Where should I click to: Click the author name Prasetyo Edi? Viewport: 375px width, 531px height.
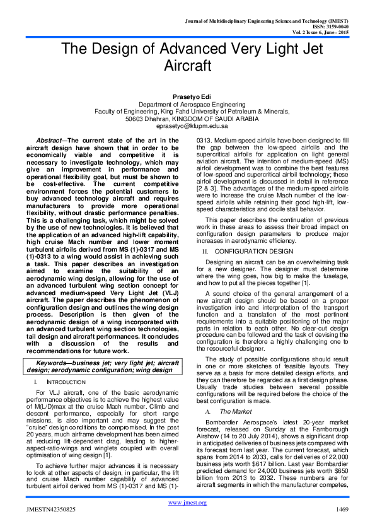click(187, 94)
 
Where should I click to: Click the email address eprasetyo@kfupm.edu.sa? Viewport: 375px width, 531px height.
click(187, 125)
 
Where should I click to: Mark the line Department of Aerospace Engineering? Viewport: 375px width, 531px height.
click(187, 103)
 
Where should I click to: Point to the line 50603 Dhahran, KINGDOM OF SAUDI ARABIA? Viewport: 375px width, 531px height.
click(187, 118)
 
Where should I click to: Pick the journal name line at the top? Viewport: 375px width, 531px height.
click(279, 21)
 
